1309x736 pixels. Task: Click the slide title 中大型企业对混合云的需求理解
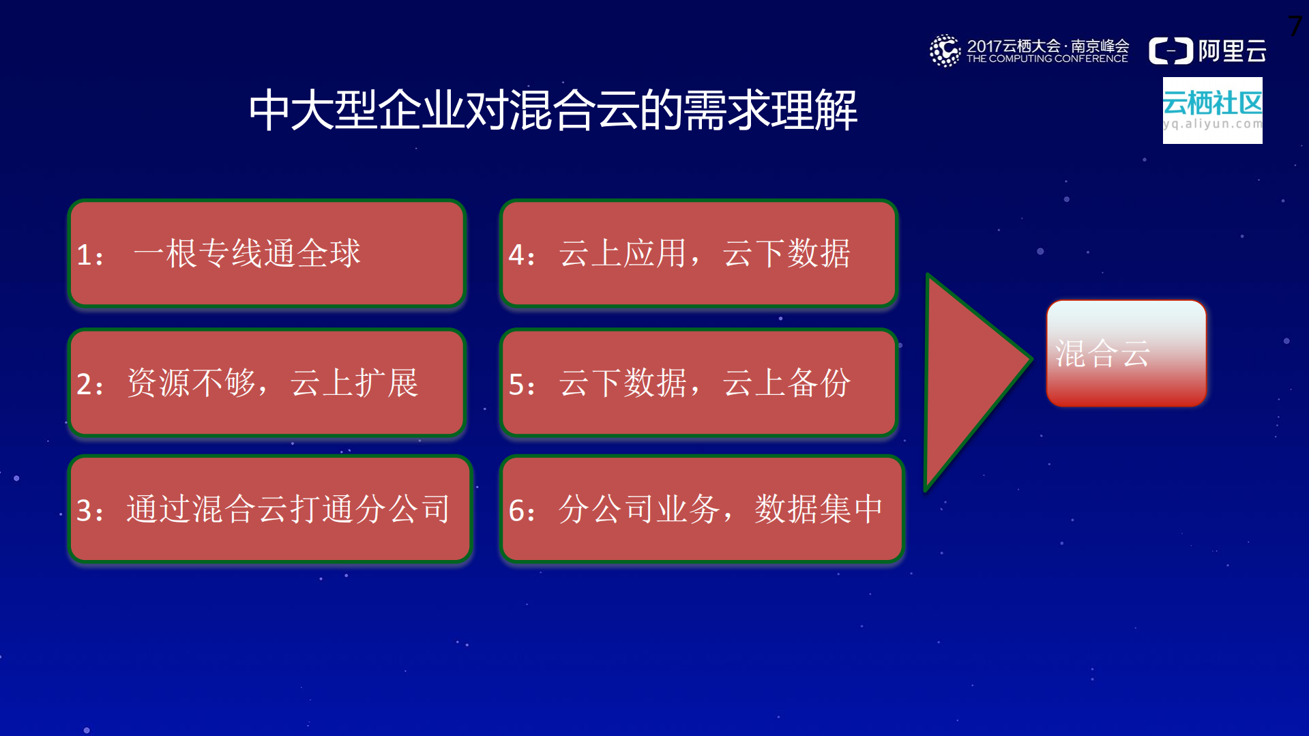click(x=553, y=110)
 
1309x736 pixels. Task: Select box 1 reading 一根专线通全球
click(x=267, y=254)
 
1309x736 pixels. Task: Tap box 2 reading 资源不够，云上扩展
click(x=267, y=383)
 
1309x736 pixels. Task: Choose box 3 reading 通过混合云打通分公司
click(x=270, y=509)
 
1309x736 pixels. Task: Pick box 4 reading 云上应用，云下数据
click(x=698, y=254)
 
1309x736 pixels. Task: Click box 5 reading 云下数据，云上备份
click(x=698, y=383)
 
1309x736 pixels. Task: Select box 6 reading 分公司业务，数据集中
click(x=701, y=509)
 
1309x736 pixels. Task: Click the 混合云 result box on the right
click(x=1126, y=353)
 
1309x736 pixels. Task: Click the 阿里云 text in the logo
click(x=1232, y=51)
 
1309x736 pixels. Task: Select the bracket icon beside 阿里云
click(x=1171, y=51)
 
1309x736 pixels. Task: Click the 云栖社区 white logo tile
click(x=1212, y=111)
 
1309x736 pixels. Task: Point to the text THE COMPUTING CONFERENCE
click(x=1047, y=59)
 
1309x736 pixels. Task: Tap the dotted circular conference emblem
click(x=945, y=51)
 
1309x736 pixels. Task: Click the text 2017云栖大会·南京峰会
click(x=1047, y=46)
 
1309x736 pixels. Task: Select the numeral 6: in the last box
click(x=522, y=511)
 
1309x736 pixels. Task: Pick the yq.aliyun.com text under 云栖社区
click(x=1212, y=124)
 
